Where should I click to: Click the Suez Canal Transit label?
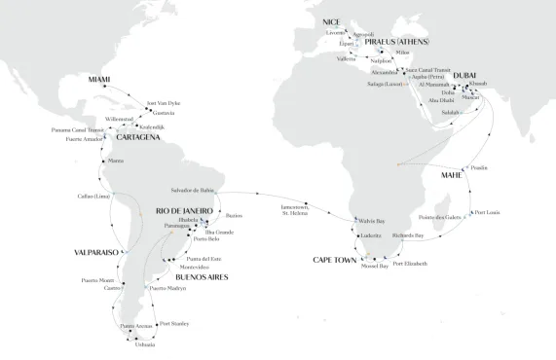(x=421, y=72)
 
